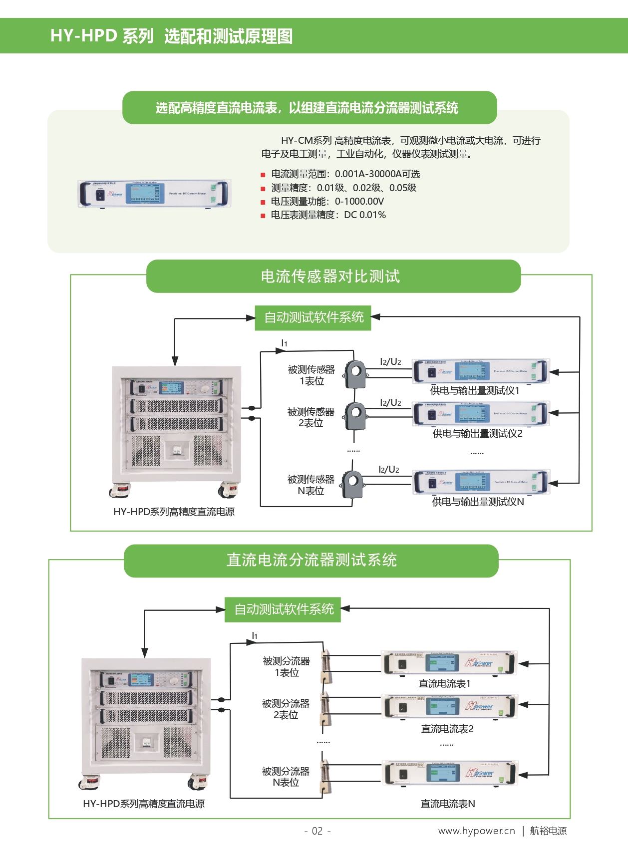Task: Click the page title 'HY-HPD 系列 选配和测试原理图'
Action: [171, 36]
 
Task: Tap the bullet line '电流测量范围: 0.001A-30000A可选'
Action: [345, 174]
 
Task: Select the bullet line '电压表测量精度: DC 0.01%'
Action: [328, 215]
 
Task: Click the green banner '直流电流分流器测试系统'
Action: [311, 561]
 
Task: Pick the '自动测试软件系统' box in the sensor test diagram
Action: [313, 317]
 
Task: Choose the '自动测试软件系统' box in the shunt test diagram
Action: [283, 609]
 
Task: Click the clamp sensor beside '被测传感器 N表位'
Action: [352, 484]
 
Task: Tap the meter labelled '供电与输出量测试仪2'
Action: [481, 414]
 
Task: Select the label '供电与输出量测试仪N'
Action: [478, 502]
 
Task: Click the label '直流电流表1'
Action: [444, 684]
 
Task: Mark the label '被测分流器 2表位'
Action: [286, 709]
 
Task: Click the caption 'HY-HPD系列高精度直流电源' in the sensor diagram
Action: [174, 512]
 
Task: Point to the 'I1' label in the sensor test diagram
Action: [284, 343]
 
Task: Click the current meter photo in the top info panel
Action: [154, 193]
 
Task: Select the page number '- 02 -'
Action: [317, 831]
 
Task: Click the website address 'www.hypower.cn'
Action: [476, 831]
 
